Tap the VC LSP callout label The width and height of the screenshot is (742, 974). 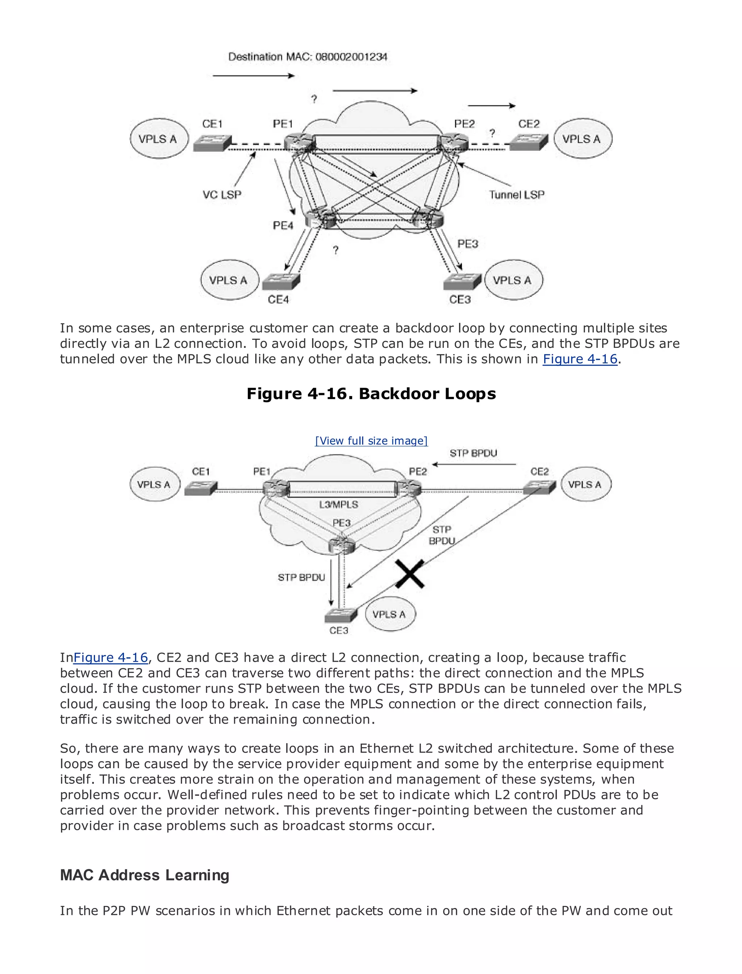pos(222,195)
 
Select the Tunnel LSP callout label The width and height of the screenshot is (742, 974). pos(516,195)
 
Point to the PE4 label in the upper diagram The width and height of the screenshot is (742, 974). pos(283,226)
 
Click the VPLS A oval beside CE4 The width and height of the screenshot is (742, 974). pos(228,280)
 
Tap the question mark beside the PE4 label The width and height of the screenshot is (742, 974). pos(335,250)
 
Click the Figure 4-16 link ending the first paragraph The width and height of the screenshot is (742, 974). pos(579,359)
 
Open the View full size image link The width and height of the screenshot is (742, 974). pos(371,441)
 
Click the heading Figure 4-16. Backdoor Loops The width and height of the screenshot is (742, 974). pos(371,394)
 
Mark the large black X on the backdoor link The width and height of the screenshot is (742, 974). pos(410,574)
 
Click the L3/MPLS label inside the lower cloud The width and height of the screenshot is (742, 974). pos(339,504)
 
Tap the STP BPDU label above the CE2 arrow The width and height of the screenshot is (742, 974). pos(473,453)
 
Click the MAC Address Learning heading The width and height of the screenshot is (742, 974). pos(145,875)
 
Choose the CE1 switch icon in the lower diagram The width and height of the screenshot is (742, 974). pos(200,488)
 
